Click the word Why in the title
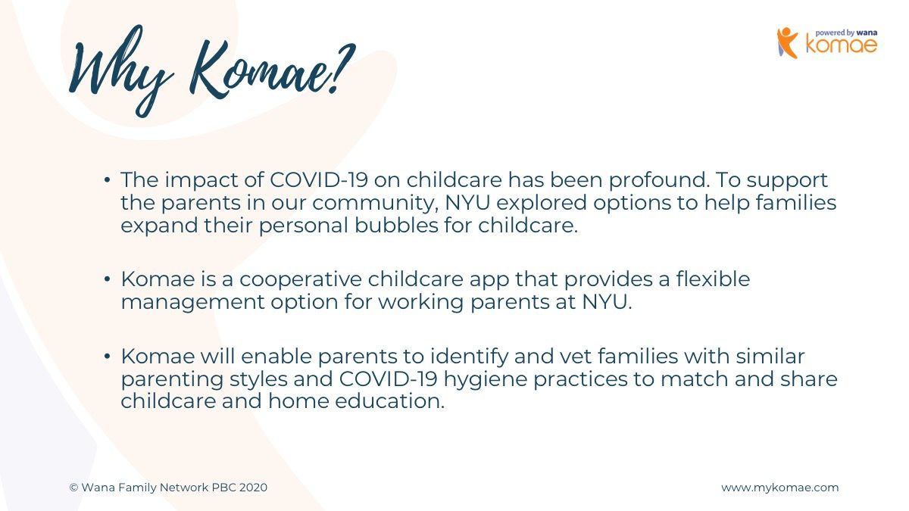(x=122, y=71)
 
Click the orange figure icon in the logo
(x=787, y=43)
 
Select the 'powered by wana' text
(x=846, y=33)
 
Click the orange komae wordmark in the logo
(x=842, y=45)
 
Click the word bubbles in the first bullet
(x=396, y=225)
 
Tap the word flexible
(x=713, y=279)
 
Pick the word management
(x=192, y=302)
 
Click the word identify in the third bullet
(x=469, y=357)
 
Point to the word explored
(x=542, y=203)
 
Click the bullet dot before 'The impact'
(x=107, y=179)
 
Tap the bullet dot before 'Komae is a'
(x=107, y=279)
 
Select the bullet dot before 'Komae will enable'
(x=107, y=357)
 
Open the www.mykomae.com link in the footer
(x=780, y=488)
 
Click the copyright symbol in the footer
(x=73, y=488)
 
